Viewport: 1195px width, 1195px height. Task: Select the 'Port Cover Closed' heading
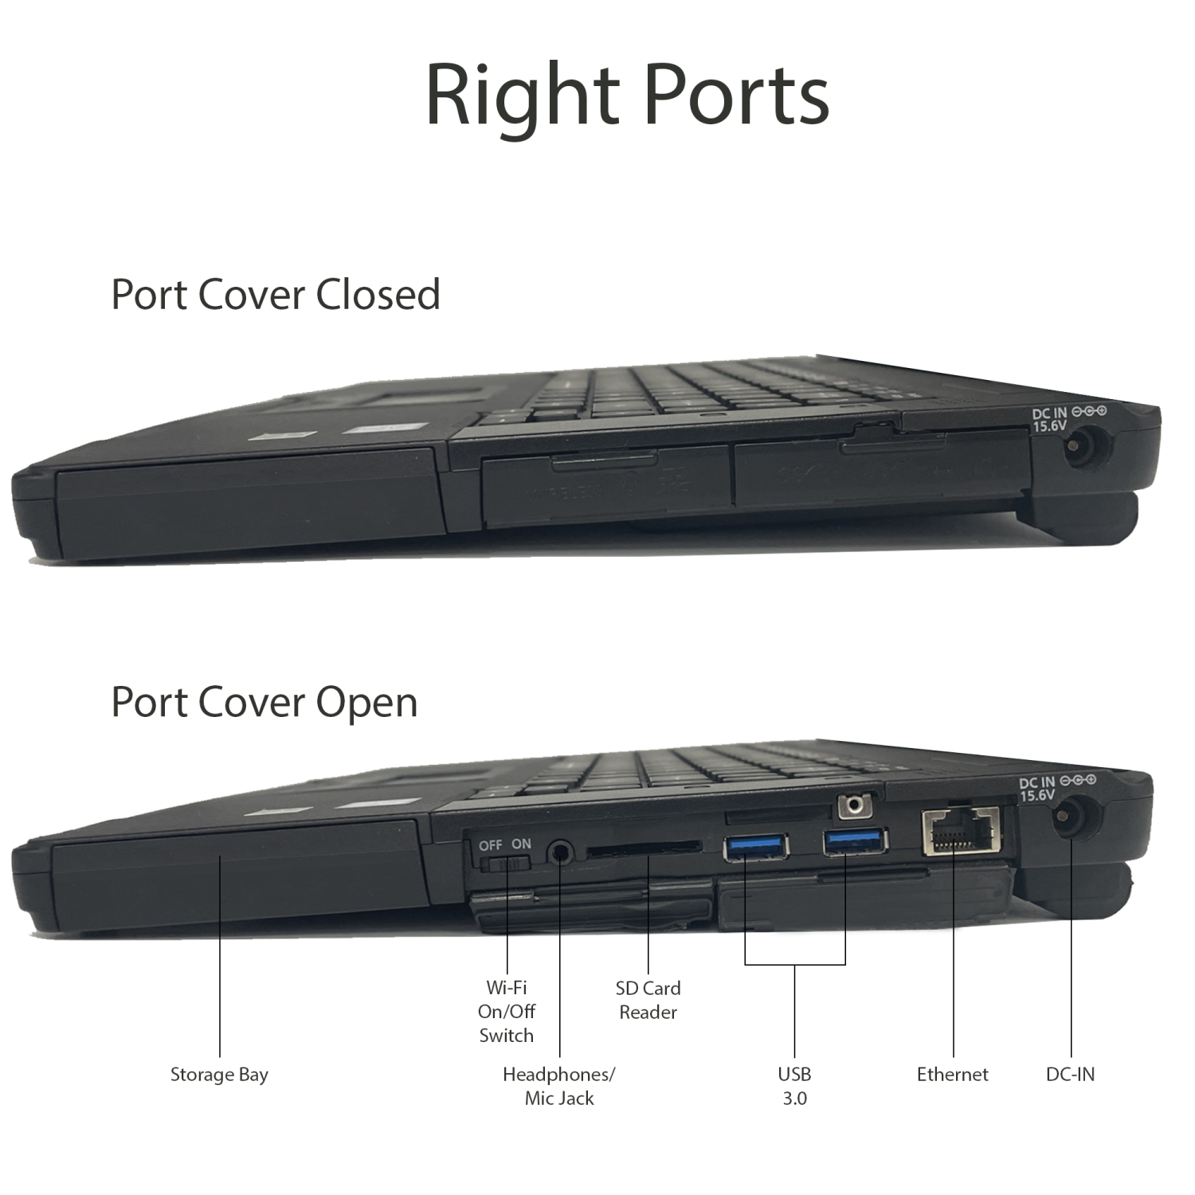(275, 294)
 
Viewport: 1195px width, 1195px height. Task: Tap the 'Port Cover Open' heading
(264, 702)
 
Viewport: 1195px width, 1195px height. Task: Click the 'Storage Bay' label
(219, 1075)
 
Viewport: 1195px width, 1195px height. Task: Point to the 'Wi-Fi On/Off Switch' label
(506, 1012)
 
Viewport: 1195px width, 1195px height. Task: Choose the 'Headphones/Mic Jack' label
(558, 1086)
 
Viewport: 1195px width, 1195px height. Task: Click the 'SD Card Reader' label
(648, 1000)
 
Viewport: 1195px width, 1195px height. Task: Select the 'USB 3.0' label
(794, 1086)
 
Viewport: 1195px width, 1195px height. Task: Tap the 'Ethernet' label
(952, 1075)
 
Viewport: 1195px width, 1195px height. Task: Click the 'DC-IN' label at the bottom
(1070, 1075)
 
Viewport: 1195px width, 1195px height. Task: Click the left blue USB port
(755, 847)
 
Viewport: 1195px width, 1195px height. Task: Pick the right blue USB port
(855, 841)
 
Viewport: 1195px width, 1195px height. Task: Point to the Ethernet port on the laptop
(960, 832)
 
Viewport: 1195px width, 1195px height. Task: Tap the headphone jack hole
(561, 853)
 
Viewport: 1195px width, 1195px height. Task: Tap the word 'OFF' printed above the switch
(490, 845)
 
